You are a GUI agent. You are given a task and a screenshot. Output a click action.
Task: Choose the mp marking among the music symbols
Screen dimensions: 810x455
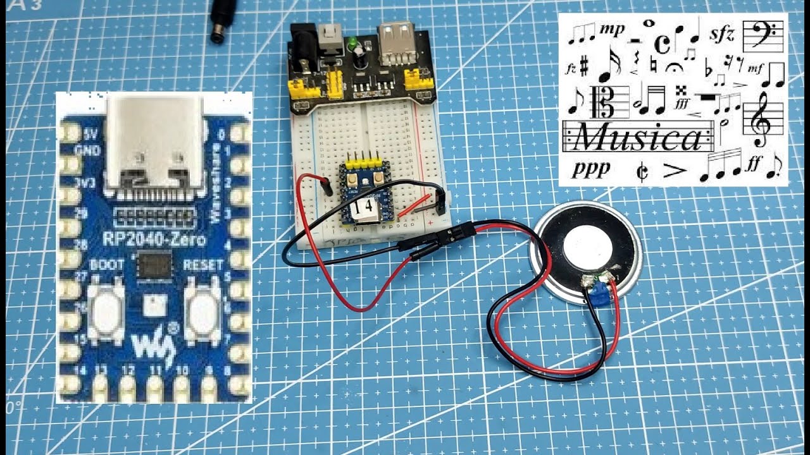611,29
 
